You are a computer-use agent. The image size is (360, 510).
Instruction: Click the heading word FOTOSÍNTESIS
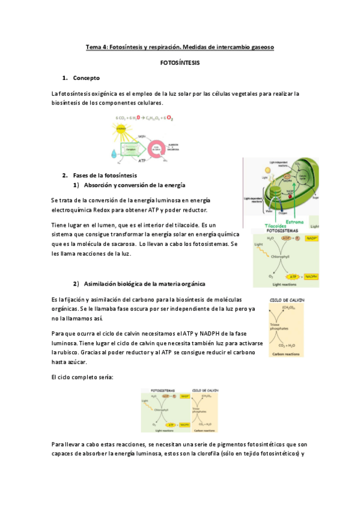tap(180, 63)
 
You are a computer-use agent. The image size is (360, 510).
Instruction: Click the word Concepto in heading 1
tap(86, 78)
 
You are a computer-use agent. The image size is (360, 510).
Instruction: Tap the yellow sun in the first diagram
tap(121, 128)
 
